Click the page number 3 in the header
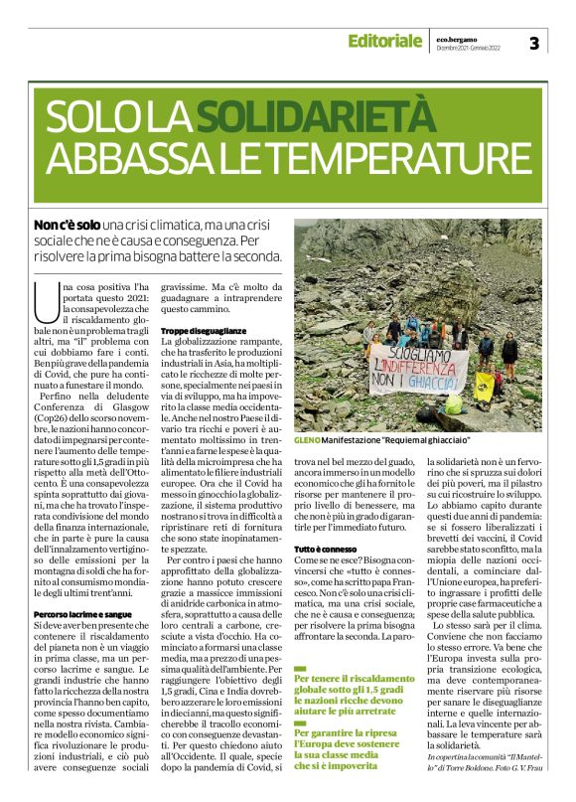(533, 42)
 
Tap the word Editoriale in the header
(384, 41)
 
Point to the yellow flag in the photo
(484, 384)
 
